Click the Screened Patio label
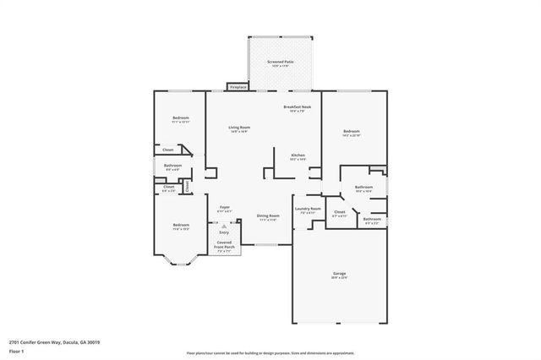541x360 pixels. click(x=281, y=62)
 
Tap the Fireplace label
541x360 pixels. click(x=238, y=86)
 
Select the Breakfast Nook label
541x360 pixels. click(x=297, y=107)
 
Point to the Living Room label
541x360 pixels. click(x=239, y=128)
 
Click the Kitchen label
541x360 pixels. click(x=298, y=155)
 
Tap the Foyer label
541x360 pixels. click(x=225, y=207)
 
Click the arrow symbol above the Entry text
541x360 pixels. click(x=224, y=226)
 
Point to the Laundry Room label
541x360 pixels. click(x=307, y=209)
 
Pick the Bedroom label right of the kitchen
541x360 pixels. click(x=352, y=131)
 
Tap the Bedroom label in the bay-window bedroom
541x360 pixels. click(x=181, y=225)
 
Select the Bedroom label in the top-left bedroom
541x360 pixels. click(x=181, y=117)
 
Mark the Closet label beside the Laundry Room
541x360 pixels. click(x=339, y=212)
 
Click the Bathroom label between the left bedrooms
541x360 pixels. click(x=172, y=166)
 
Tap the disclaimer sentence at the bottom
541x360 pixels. click(x=270, y=352)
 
